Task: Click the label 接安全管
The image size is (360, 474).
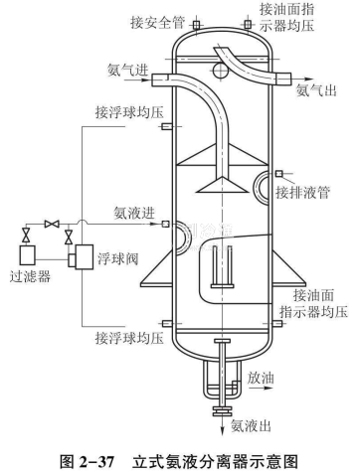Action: (157, 23)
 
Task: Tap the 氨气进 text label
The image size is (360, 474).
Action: (127, 70)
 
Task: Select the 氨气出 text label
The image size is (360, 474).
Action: (316, 89)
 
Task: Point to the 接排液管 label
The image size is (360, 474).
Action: (303, 192)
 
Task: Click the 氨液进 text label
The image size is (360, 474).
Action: (134, 213)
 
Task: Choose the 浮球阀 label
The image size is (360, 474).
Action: (117, 258)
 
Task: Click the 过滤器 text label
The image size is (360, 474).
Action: (30, 276)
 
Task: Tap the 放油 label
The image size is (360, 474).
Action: (261, 378)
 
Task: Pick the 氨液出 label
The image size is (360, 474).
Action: (251, 425)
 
